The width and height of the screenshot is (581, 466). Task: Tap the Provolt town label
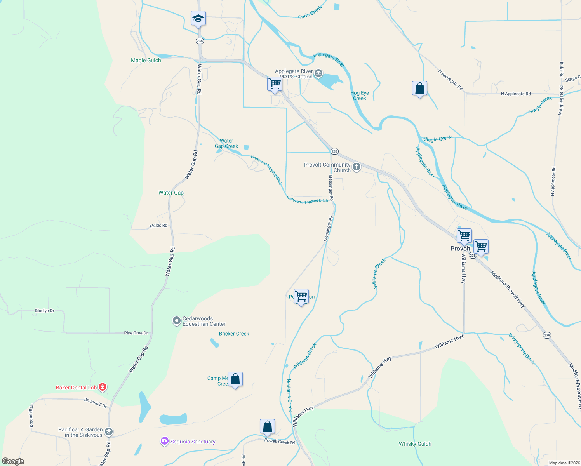pyautogui.click(x=460, y=249)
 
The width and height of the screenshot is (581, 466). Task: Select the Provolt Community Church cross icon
pyautogui.click(x=357, y=167)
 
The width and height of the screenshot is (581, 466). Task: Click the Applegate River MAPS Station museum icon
pyautogui.click(x=318, y=73)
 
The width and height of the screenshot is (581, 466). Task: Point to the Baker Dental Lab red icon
pyautogui.click(x=103, y=387)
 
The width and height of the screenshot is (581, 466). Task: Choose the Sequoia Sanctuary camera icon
pyautogui.click(x=165, y=441)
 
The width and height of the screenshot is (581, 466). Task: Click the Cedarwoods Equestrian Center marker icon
pyautogui.click(x=176, y=321)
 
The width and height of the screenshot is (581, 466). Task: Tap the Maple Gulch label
pyautogui.click(x=146, y=60)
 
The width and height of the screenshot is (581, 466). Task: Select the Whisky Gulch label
pyautogui.click(x=415, y=444)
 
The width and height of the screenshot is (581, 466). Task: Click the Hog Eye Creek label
pyautogui.click(x=360, y=96)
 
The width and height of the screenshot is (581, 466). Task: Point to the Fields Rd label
pyautogui.click(x=158, y=226)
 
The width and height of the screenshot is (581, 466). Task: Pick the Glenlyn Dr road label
pyautogui.click(x=45, y=311)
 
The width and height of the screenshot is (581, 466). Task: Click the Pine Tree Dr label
pyautogui.click(x=136, y=333)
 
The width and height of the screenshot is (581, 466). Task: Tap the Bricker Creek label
pyautogui.click(x=234, y=334)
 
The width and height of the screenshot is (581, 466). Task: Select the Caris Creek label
pyautogui.click(x=310, y=13)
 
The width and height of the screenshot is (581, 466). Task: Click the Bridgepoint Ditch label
pyautogui.click(x=522, y=348)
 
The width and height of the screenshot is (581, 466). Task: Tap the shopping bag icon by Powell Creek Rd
pyautogui.click(x=268, y=426)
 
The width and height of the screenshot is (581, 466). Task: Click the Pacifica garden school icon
pyautogui.click(x=109, y=432)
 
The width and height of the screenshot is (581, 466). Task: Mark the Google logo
pyautogui.click(x=13, y=461)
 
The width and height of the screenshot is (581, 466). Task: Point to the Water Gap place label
pyautogui.click(x=171, y=193)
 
